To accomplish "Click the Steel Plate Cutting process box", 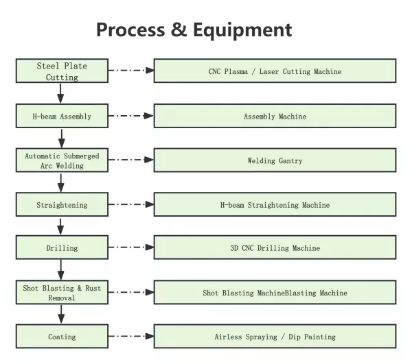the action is pyautogui.click(x=62, y=71).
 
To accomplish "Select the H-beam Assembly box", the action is pyautogui.click(x=62, y=116).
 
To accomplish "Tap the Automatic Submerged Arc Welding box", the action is pyautogui.click(x=62, y=160).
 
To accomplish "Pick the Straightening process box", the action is pyautogui.click(x=62, y=204).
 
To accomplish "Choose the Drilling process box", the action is pyautogui.click(x=62, y=247).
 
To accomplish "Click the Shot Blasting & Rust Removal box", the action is pyautogui.click(x=62, y=293).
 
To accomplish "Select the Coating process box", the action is pyautogui.click(x=62, y=337).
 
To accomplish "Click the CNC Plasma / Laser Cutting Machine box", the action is pyautogui.click(x=275, y=71).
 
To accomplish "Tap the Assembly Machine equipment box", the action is pyautogui.click(x=275, y=116).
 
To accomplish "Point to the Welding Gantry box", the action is pyautogui.click(x=275, y=160).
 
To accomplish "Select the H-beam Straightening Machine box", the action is pyautogui.click(x=275, y=204).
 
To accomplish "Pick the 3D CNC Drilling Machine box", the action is pyautogui.click(x=275, y=247).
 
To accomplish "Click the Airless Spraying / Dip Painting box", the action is pyautogui.click(x=275, y=337).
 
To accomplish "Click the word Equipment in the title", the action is pyautogui.click(x=242, y=31).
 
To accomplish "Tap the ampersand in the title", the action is pyautogui.click(x=179, y=29).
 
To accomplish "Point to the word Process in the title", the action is pyautogui.click(x=130, y=29).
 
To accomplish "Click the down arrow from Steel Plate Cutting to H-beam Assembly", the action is pyautogui.click(x=60, y=93).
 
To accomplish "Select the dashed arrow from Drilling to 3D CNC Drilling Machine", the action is pyautogui.click(x=131, y=247).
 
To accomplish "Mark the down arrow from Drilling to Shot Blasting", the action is pyautogui.click(x=61, y=270).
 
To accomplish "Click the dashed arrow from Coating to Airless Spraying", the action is pyautogui.click(x=131, y=336).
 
